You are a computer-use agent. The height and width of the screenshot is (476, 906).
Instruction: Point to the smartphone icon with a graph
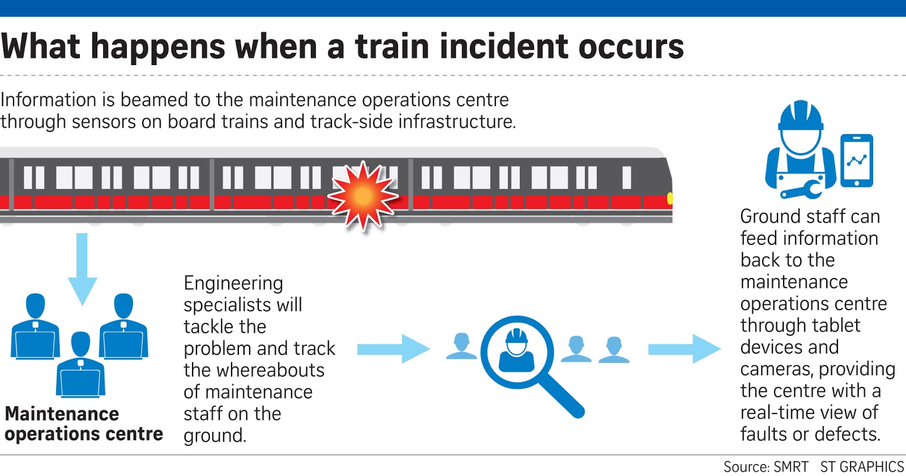pos(857,161)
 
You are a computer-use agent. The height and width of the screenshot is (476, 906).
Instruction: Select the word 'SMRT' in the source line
pos(791,467)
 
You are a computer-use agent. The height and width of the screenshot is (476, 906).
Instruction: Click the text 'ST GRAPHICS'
pos(862,467)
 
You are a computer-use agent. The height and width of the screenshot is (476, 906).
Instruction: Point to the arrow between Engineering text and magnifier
pos(393,349)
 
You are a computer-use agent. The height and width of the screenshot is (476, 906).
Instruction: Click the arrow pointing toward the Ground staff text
pos(684,349)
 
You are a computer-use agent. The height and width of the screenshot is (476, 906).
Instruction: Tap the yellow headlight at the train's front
pos(670,198)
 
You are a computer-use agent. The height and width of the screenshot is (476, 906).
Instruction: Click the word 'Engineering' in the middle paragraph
pos(233,283)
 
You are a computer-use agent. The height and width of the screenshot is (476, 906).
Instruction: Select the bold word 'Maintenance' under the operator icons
pos(62,414)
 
